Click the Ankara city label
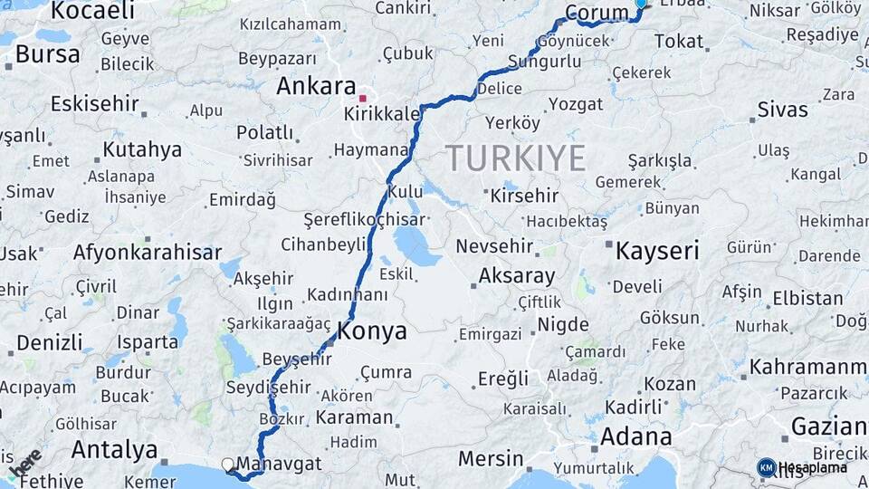coord(316,87)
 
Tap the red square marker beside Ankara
coord(363,98)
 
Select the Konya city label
coord(372,331)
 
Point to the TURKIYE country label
coord(515,158)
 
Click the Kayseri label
coord(657,251)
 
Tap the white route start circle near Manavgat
coord(228,465)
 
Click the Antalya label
coord(114,449)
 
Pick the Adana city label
coord(635,436)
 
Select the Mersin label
coord(491,458)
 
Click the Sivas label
coord(782,110)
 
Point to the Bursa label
coord(47,54)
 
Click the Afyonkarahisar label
coord(148,253)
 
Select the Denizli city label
coord(49,343)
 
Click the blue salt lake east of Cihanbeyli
coord(415,244)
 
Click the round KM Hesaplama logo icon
coord(766,467)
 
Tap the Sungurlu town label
coord(544,62)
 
